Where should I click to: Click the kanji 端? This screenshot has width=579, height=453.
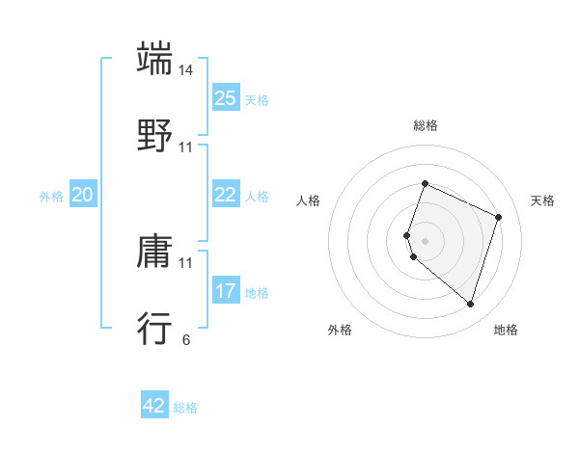[x=155, y=59]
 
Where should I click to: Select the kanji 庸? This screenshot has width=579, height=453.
[x=155, y=253]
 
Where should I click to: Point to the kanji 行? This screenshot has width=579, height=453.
[x=155, y=328]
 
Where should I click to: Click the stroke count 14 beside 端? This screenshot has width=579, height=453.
[x=186, y=70]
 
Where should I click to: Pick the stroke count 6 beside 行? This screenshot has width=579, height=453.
[x=186, y=339]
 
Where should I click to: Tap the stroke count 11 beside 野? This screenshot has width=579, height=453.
[x=186, y=147]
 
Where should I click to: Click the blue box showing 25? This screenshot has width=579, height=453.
[x=225, y=98]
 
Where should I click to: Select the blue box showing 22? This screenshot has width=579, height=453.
[x=225, y=195]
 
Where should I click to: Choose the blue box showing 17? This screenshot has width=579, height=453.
[x=225, y=291]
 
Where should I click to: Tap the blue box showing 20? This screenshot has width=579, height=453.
[x=83, y=195]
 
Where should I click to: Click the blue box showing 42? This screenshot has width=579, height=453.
[x=154, y=406]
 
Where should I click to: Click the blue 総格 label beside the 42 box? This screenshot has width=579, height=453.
[x=185, y=408]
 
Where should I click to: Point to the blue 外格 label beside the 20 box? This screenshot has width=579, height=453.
[x=51, y=197]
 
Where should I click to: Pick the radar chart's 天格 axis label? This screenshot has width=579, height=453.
[x=542, y=200]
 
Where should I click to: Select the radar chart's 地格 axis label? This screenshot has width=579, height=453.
[x=506, y=330]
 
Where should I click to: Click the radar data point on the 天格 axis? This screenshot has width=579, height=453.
[x=499, y=217]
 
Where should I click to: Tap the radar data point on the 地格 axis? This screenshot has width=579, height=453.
[x=470, y=304]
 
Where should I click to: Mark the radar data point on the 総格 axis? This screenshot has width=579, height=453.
[x=425, y=183]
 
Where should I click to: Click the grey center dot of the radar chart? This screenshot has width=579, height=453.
[x=425, y=240]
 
